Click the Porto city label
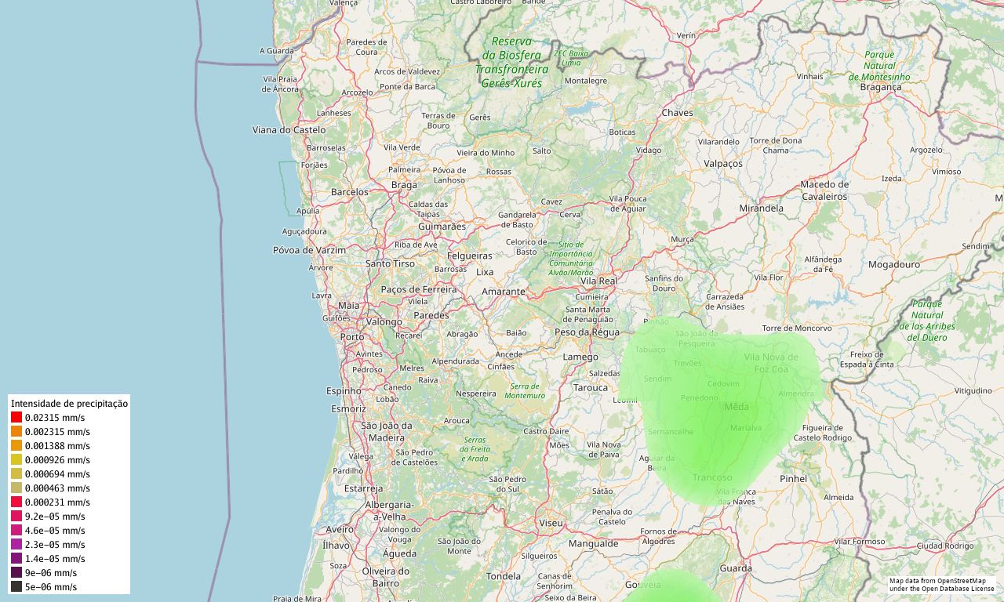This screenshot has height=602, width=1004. [352, 337]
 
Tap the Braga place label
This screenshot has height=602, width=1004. [404, 185]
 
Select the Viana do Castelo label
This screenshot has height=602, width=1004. [289, 129]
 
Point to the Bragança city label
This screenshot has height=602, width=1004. [881, 87]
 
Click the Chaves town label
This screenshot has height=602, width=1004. [677, 113]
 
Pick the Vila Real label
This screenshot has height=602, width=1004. [598, 281]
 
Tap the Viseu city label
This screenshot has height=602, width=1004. [551, 523]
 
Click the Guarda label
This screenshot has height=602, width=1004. [736, 568]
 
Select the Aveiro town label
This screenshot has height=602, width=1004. [340, 530]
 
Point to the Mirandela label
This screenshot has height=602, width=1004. [761, 209]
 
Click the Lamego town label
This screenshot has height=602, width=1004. [580, 357]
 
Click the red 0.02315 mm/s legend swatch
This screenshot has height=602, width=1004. [16, 418]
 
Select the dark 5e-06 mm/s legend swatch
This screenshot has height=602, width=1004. [16, 586]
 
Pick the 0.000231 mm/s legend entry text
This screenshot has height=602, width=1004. [57, 502]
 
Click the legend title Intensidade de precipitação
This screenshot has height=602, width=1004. [69, 403]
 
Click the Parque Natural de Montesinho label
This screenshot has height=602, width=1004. [879, 66]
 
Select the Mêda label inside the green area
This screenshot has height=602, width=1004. [737, 407]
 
